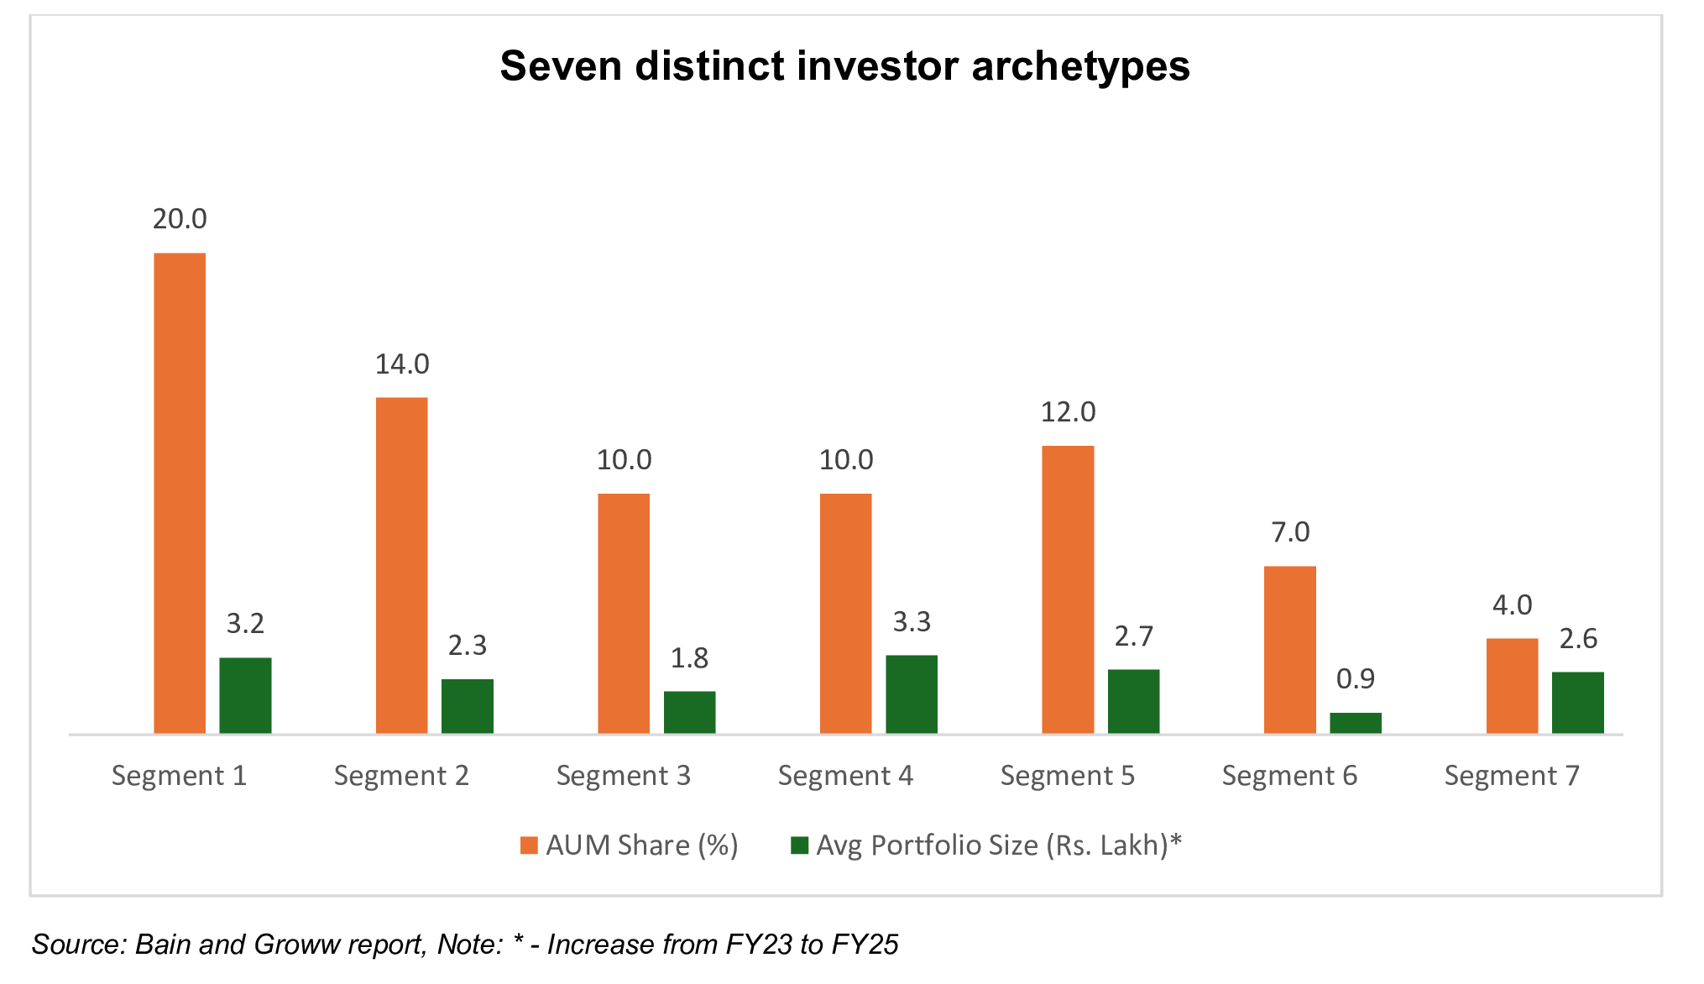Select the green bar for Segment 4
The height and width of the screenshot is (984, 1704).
(912, 694)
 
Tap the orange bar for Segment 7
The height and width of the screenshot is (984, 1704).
(1512, 686)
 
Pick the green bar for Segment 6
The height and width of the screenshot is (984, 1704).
(1356, 723)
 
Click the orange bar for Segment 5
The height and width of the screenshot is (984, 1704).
(1068, 589)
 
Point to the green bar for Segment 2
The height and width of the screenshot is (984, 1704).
(468, 706)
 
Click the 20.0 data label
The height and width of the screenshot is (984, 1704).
(180, 219)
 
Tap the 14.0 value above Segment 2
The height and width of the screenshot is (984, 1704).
(402, 364)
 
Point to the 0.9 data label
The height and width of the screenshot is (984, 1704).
(1356, 678)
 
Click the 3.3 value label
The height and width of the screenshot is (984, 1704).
(912, 622)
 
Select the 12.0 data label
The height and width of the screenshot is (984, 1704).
(1068, 412)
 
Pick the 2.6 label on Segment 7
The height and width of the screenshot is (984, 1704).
(1578, 639)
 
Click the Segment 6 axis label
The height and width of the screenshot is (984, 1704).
(1289, 776)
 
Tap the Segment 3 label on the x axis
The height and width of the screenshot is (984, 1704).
(624, 776)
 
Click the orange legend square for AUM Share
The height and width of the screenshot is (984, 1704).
(529, 845)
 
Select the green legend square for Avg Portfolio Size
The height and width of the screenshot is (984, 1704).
(799, 845)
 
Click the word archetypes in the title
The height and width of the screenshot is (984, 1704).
(1080, 66)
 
